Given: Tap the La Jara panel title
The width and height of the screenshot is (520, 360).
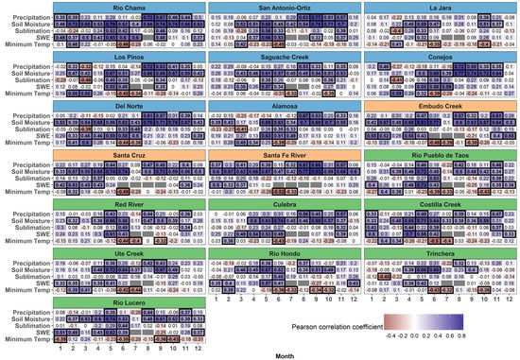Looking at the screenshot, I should [x=439, y=8].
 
